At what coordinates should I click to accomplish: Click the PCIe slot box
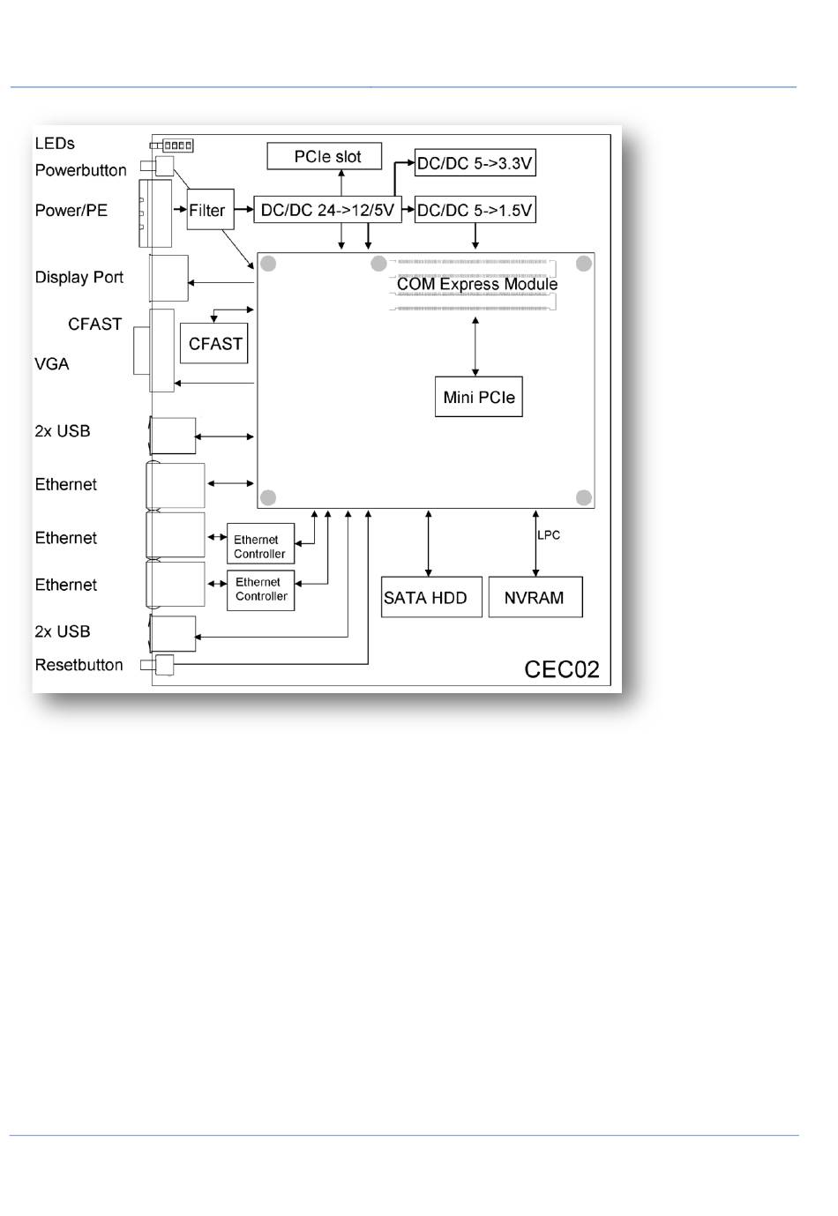tap(324, 156)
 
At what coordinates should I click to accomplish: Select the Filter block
tap(210, 209)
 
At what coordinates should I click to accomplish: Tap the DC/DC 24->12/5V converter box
tap(327, 210)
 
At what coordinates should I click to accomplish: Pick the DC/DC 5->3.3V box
tap(475, 162)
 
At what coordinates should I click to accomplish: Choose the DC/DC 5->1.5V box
tap(475, 210)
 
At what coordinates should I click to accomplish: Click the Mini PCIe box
tap(478, 396)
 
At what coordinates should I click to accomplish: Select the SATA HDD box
tap(431, 597)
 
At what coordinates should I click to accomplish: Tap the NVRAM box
tap(535, 597)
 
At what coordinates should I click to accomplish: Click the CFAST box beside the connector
tap(214, 343)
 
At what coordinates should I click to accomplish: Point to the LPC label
tap(549, 534)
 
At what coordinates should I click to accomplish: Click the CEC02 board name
tap(562, 668)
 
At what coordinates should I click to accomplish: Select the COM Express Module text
tap(477, 284)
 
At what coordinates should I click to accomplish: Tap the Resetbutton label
tap(79, 665)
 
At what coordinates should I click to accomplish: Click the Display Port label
tap(79, 277)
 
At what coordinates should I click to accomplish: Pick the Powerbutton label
tap(80, 170)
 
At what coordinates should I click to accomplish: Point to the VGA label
tap(51, 363)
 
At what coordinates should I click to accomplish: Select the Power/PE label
tap(71, 210)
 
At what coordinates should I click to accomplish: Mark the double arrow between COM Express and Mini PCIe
tap(475, 347)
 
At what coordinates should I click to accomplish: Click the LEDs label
tap(55, 144)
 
